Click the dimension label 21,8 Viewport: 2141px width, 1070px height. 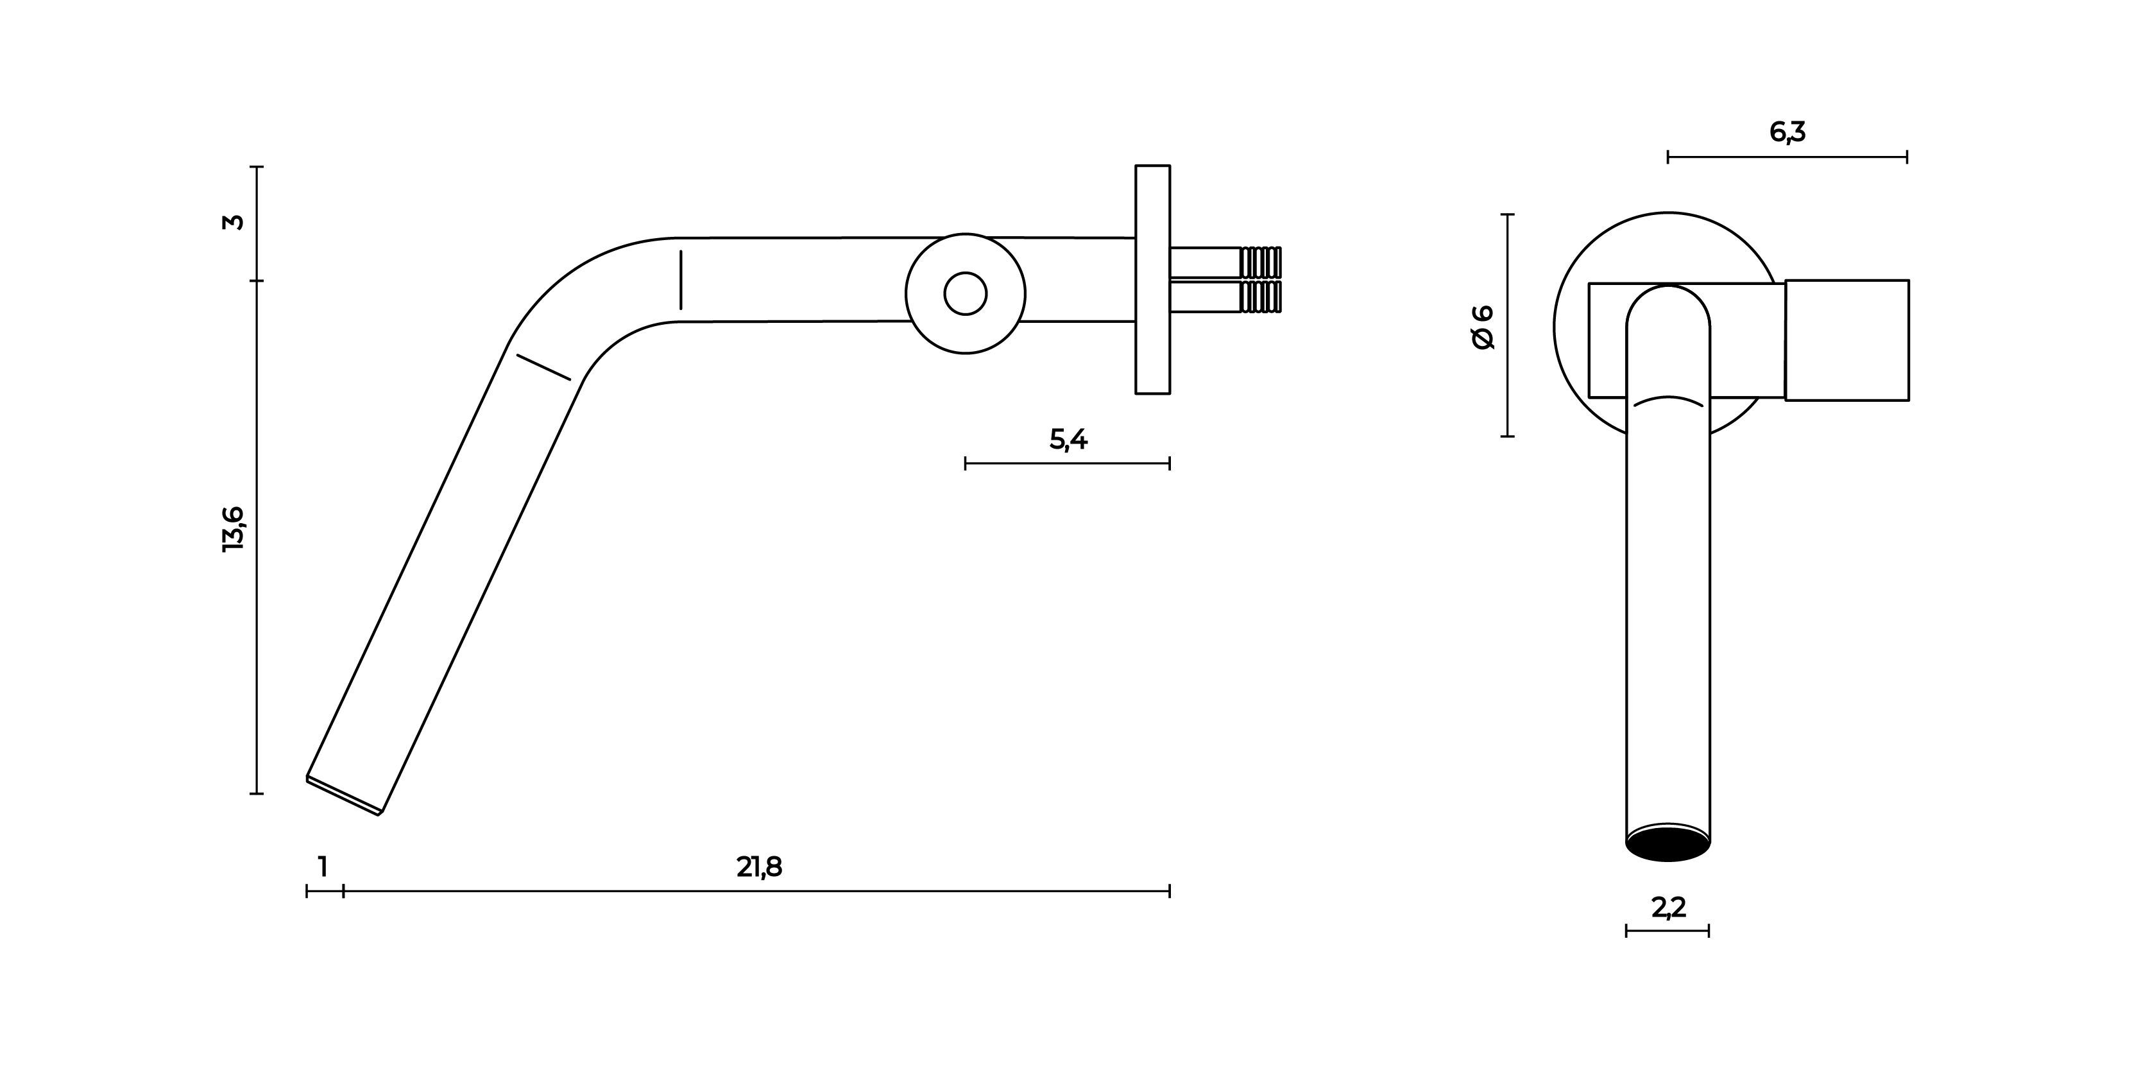pos(759,867)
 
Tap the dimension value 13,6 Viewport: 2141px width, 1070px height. pos(234,529)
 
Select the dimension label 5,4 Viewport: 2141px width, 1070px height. pos(1068,439)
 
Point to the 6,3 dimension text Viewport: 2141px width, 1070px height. pos(1787,132)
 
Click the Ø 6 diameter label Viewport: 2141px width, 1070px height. pos(1483,327)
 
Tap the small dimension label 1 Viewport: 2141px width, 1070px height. pos(323,867)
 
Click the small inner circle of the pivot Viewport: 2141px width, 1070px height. pos(965,293)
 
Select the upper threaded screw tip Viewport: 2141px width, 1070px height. pos(1260,261)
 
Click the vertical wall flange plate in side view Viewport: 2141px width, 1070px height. pos(1153,279)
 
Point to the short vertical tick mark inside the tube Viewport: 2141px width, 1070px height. pos(681,279)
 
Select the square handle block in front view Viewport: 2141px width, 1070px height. pos(1847,340)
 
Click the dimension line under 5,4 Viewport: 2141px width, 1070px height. pos(1067,464)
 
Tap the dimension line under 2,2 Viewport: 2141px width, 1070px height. pos(1668,931)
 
